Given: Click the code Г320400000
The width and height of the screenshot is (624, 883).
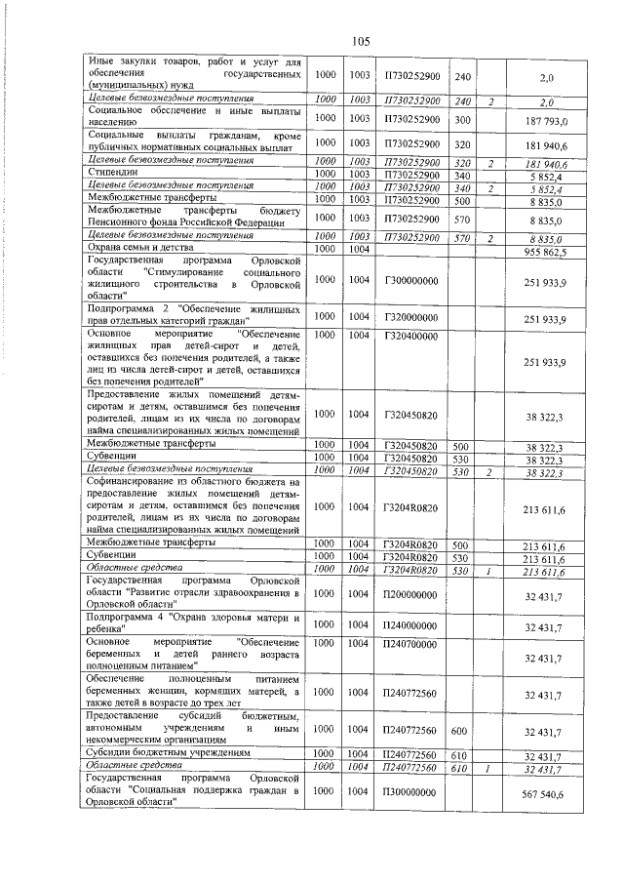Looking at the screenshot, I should click(410, 336).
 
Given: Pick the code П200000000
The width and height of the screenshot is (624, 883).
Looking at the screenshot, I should click(410, 593).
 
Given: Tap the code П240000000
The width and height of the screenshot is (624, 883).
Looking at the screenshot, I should click(410, 625).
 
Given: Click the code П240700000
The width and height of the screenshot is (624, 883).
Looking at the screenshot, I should click(410, 644).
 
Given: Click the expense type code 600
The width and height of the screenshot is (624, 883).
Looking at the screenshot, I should click(463, 730).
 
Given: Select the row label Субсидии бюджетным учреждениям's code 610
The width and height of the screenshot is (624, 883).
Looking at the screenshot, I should click(463, 755).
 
